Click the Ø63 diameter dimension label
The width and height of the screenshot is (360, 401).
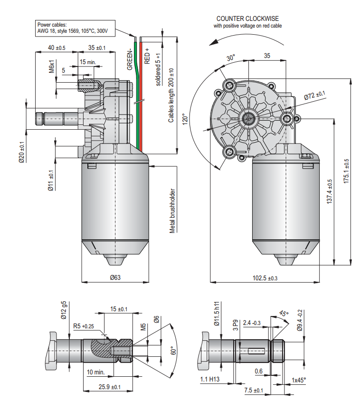tap(115, 277)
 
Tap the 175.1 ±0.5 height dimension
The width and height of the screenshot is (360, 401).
tap(346, 171)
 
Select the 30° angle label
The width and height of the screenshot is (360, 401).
tap(230, 58)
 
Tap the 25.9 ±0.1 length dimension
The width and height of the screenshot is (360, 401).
tap(109, 387)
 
